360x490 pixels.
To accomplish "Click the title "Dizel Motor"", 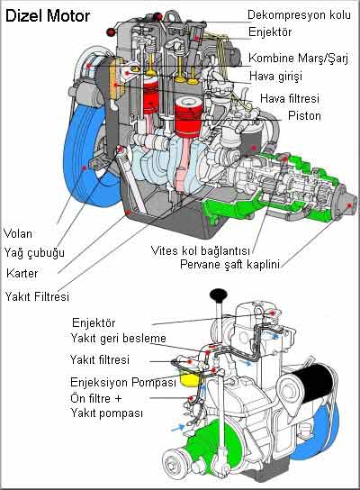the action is pos(48,15).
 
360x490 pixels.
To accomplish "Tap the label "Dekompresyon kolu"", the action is pos(299,14).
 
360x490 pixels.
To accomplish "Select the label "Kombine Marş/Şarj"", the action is pos(298,59).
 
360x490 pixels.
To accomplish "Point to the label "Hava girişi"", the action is pos(275,76).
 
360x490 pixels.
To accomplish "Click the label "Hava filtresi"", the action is pos(290,98).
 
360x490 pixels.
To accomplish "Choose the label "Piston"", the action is pos(304,115).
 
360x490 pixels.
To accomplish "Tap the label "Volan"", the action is pos(18,233).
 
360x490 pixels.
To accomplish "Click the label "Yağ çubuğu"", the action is pos(34,252).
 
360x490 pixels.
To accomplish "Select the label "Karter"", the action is pos(22,274).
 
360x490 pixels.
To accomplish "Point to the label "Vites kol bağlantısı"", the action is pos(200,250).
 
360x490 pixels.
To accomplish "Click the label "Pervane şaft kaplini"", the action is pos(229,265).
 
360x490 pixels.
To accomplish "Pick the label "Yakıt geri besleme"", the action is pos(118,338).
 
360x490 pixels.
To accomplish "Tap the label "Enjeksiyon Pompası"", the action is pos(123,382).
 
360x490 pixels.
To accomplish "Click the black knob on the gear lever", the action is pos(219,295).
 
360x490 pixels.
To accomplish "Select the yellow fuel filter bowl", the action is pos(189,377).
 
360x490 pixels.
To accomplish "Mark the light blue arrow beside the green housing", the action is pos(178,428).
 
